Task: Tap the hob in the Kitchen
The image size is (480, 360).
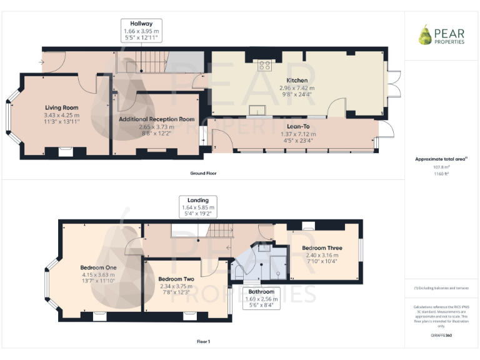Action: coord(264,63)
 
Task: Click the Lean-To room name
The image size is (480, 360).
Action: coord(297,125)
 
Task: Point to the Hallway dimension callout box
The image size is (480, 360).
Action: coord(141,31)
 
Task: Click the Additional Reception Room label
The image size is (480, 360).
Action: coord(157,119)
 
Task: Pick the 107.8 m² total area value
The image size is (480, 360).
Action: coord(441,167)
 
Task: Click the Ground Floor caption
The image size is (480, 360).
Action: coord(203,173)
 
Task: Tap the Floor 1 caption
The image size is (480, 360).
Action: coord(203,341)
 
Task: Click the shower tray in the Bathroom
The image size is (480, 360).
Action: coord(277,266)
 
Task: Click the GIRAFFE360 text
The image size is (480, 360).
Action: coord(441,336)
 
